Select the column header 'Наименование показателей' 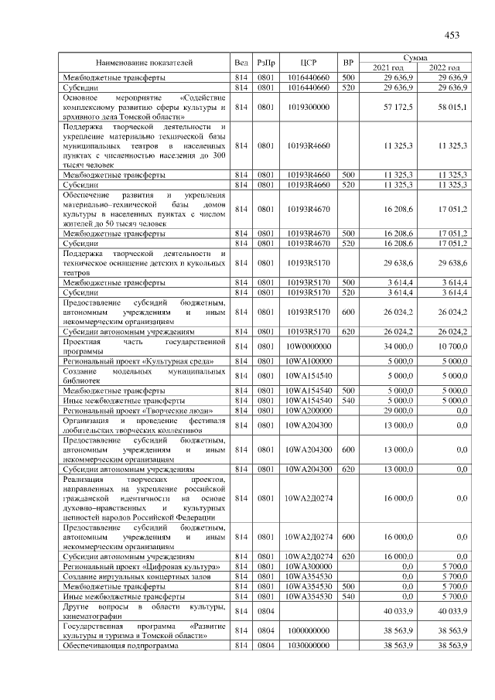(145, 62)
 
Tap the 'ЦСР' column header (309, 62)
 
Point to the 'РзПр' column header (266, 62)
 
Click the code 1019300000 (309, 106)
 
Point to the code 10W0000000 (309, 346)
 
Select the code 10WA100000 (309, 360)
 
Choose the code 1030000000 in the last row (309, 644)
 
